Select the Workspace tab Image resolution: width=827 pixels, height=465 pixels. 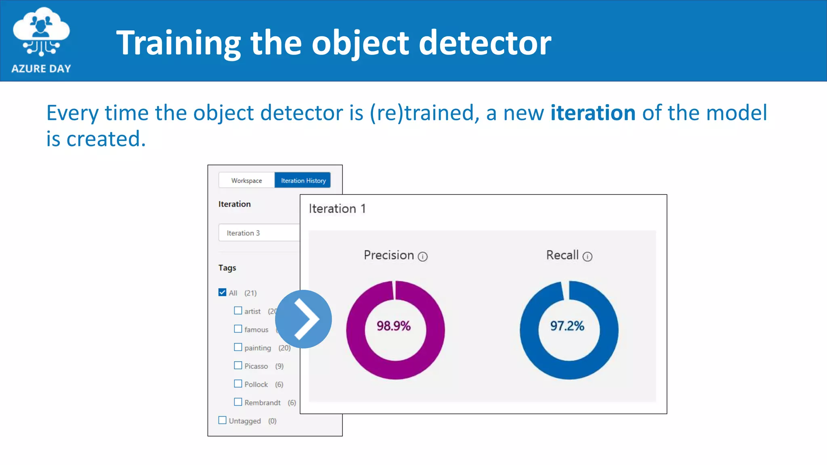click(246, 180)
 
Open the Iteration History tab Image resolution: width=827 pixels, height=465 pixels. click(303, 180)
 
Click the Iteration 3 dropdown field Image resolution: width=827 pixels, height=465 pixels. click(259, 233)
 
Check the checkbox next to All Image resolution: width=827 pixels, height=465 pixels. click(222, 292)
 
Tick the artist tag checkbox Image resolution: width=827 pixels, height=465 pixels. click(238, 310)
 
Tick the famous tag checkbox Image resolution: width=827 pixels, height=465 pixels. click(238, 329)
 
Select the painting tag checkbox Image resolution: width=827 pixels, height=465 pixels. click(238, 347)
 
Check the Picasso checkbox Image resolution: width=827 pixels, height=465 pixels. click(238, 365)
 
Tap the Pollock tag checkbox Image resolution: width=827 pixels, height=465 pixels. click(238, 383)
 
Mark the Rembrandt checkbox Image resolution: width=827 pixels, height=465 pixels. click(238, 402)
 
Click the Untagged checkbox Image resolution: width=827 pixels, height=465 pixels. click(222, 420)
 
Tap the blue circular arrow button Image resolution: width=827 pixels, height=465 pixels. click(303, 319)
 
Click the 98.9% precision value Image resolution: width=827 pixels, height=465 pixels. click(394, 326)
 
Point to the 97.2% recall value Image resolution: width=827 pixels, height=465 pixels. click(567, 326)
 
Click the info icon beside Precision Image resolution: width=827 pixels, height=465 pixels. click(423, 257)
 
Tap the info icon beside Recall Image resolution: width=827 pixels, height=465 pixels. click(588, 257)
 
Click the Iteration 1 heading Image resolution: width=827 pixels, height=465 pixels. click(337, 209)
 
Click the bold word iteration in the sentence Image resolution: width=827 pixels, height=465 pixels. click(593, 113)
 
